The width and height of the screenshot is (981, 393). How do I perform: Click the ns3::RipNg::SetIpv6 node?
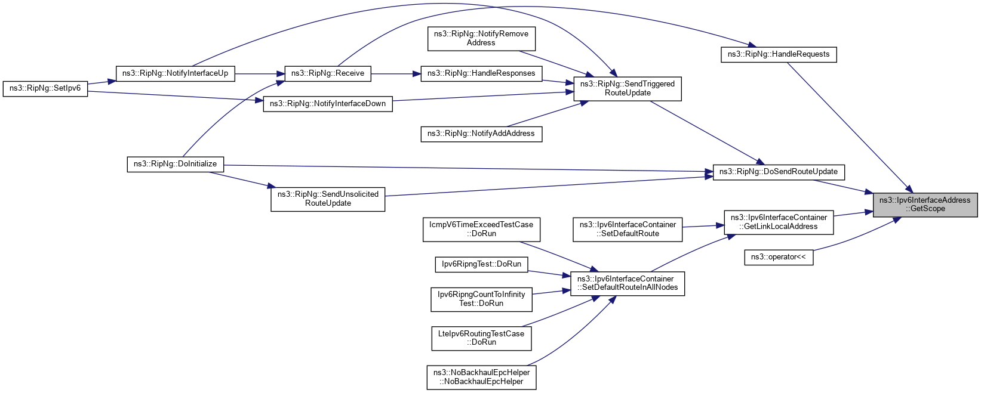click(45, 88)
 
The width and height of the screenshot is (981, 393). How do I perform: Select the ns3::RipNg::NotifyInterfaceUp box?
click(175, 73)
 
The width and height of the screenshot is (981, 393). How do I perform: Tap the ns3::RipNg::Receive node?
click(327, 73)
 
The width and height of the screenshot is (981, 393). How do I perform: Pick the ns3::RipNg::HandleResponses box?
click(481, 73)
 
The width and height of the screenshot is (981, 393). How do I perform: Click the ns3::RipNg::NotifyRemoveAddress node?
click(481, 38)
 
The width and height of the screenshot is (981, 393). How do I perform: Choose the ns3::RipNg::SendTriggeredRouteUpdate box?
click(627, 88)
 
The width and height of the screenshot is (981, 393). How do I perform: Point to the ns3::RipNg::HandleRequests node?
click(778, 54)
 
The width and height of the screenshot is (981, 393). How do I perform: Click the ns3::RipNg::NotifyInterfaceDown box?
click(327, 104)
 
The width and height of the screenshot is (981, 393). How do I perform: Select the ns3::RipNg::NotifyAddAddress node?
click(481, 134)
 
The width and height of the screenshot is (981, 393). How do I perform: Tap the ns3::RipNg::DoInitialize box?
click(175, 164)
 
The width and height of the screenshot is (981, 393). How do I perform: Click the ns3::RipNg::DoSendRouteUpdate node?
click(778, 172)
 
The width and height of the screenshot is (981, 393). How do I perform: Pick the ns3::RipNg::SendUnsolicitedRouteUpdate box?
click(328, 199)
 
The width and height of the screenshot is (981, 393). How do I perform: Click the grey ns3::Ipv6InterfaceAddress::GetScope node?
click(925, 205)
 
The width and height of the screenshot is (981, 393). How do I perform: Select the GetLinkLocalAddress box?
click(779, 222)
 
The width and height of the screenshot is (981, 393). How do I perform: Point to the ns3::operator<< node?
click(778, 257)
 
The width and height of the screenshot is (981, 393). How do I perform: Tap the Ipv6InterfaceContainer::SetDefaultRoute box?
click(628, 229)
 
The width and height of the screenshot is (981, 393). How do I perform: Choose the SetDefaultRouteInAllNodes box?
click(628, 283)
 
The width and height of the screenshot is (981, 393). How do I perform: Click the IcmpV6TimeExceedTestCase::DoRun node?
click(481, 229)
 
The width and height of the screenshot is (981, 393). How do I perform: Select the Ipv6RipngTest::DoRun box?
click(481, 264)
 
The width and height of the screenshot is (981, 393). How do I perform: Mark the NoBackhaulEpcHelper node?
click(481, 377)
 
